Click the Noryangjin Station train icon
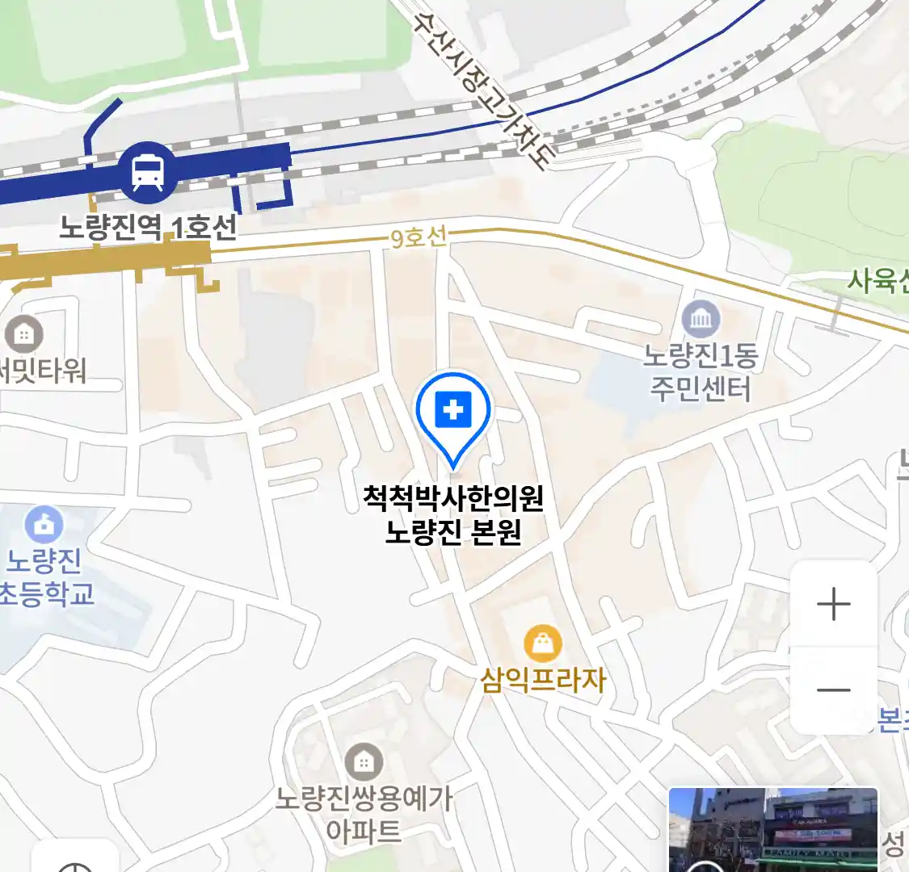148,172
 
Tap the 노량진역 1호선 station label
149,227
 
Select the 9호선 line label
418,237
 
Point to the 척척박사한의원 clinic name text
453,497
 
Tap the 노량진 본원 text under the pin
453,533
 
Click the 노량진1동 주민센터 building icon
701,320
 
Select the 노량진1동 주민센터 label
701,372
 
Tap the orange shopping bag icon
543,644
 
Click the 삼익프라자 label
543,680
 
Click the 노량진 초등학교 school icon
44,526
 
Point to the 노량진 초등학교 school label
45,577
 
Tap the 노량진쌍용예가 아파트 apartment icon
364,761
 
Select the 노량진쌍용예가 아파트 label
364,814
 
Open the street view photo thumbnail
773,829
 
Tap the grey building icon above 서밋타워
23,333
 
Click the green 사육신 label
877,281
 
